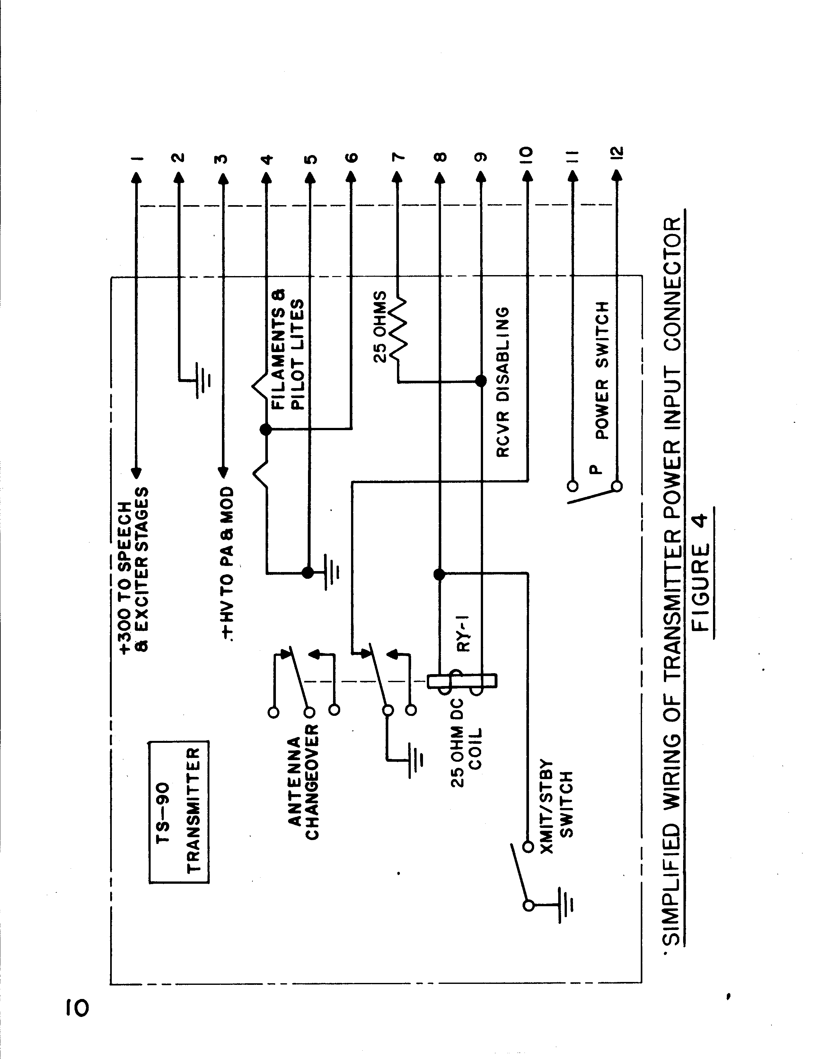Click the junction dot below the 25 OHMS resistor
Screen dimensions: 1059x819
coord(480,381)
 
